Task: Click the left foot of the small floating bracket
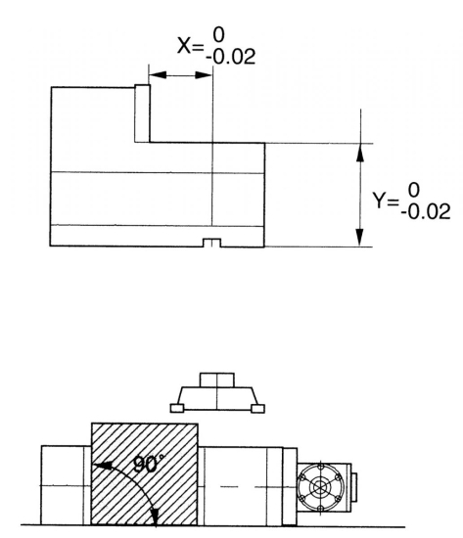[x=176, y=409]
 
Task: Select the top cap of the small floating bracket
[x=216, y=379]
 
